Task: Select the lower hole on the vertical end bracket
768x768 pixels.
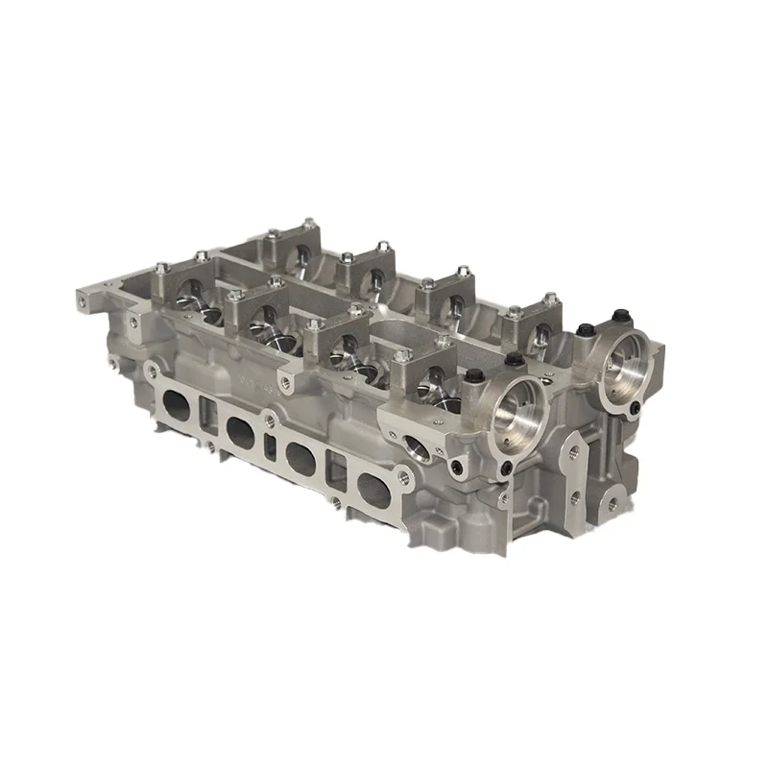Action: pyautogui.click(x=573, y=499)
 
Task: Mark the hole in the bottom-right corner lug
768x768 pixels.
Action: pyautogui.click(x=608, y=501)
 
